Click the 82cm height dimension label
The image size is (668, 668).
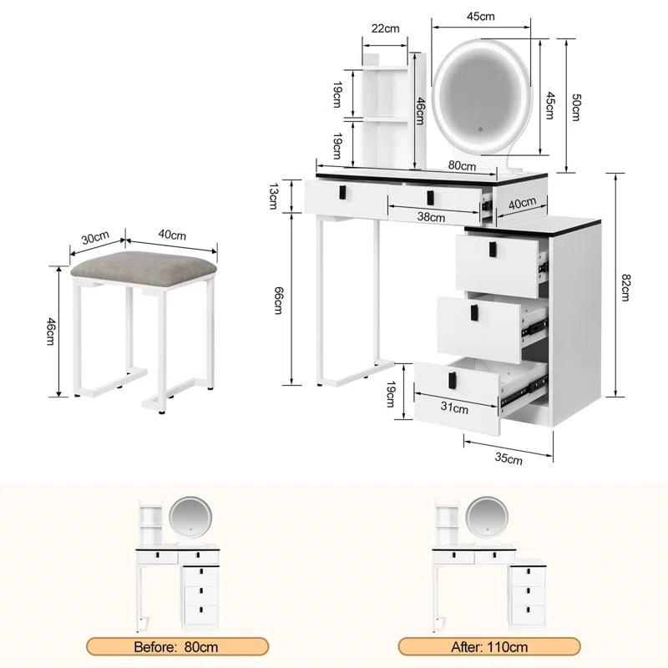pos(626,286)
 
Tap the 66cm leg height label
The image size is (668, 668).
pos(279,298)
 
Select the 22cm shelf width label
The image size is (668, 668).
pos(385,28)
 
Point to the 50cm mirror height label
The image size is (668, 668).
pos(575,106)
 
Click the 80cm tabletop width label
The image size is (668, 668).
pos(462,165)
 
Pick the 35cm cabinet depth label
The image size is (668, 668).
pos(509,457)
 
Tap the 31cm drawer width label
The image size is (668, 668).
pos(455,408)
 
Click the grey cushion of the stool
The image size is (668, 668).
pos(142,267)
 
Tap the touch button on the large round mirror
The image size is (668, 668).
pos(480,129)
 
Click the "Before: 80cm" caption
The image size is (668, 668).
pos(178,646)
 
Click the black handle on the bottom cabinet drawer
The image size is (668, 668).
pos(456,377)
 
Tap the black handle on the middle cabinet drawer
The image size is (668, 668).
pos(474,312)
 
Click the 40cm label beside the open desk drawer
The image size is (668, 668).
pos(522,203)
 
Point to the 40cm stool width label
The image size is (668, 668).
pos(173,235)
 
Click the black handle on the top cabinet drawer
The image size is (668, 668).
pos(493,248)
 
